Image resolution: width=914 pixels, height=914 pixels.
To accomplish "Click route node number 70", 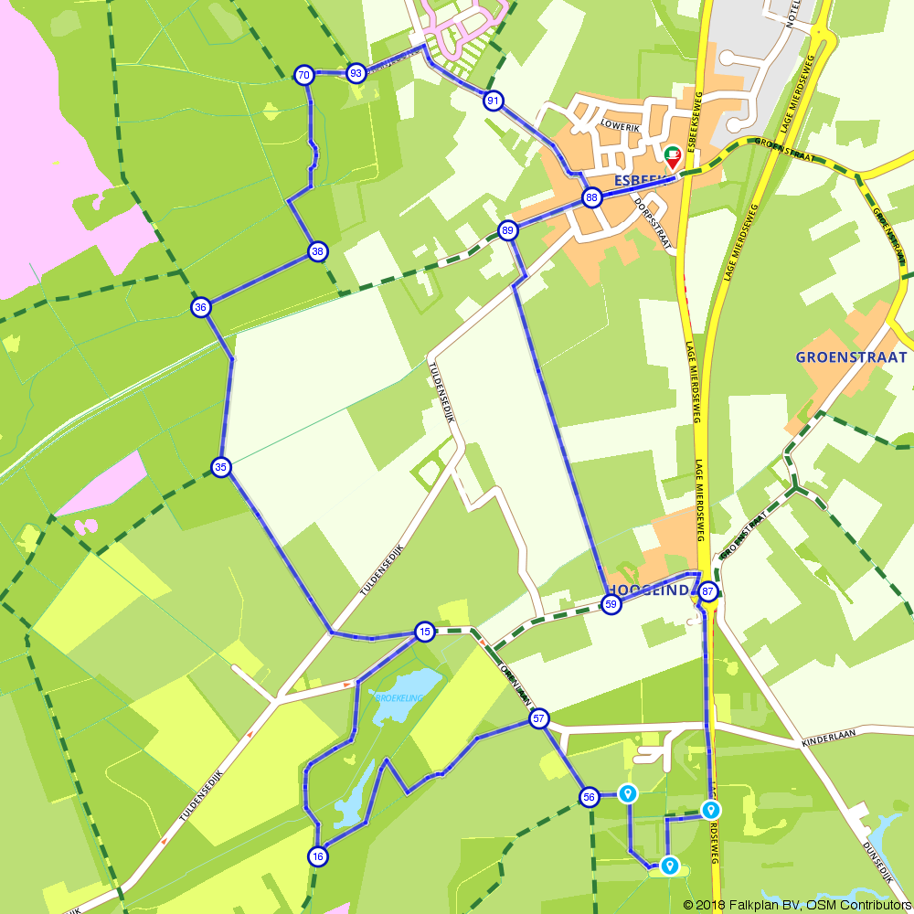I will click(x=304, y=75).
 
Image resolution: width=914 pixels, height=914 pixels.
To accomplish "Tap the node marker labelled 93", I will click(x=356, y=73).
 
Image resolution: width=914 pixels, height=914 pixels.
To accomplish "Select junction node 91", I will click(x=494, y=101).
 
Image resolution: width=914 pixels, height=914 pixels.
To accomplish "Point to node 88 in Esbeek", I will click(x=592, y=197).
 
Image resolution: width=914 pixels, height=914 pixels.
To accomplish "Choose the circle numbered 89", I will click(x=508, y=229).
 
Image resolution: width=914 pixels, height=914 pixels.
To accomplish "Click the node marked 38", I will click(x=317, y=251).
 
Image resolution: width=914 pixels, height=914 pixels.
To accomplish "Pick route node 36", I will click(x=201, y=307).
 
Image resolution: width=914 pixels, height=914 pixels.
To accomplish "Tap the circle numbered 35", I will click(x=220, y=467).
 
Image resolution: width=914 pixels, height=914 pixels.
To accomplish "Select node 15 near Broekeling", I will click(x=424, y=632).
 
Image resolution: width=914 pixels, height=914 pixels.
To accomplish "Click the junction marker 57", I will click(x=538, y=718).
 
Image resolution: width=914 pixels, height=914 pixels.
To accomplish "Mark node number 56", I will click(x=589, y=797).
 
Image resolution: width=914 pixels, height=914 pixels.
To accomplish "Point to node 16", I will click(x=317, y=856).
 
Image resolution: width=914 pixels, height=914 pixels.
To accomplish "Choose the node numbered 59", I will click(x=611, y=604).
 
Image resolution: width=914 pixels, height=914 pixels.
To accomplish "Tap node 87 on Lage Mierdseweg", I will click(x=708, y=592).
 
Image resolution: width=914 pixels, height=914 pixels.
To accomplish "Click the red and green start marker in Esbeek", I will click(x=672, y=157).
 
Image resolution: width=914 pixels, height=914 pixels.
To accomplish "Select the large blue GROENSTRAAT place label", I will click(x=851, y=357).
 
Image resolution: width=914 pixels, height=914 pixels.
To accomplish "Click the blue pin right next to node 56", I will click(x=627, y=793).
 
